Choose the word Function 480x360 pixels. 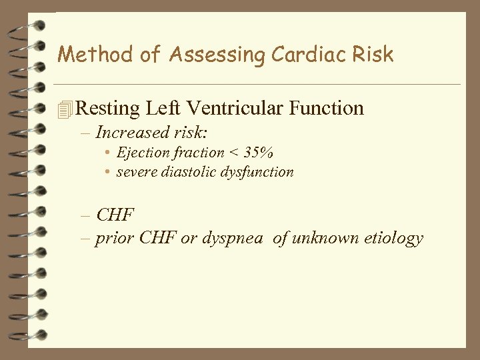330,108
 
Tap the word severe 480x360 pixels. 136,172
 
